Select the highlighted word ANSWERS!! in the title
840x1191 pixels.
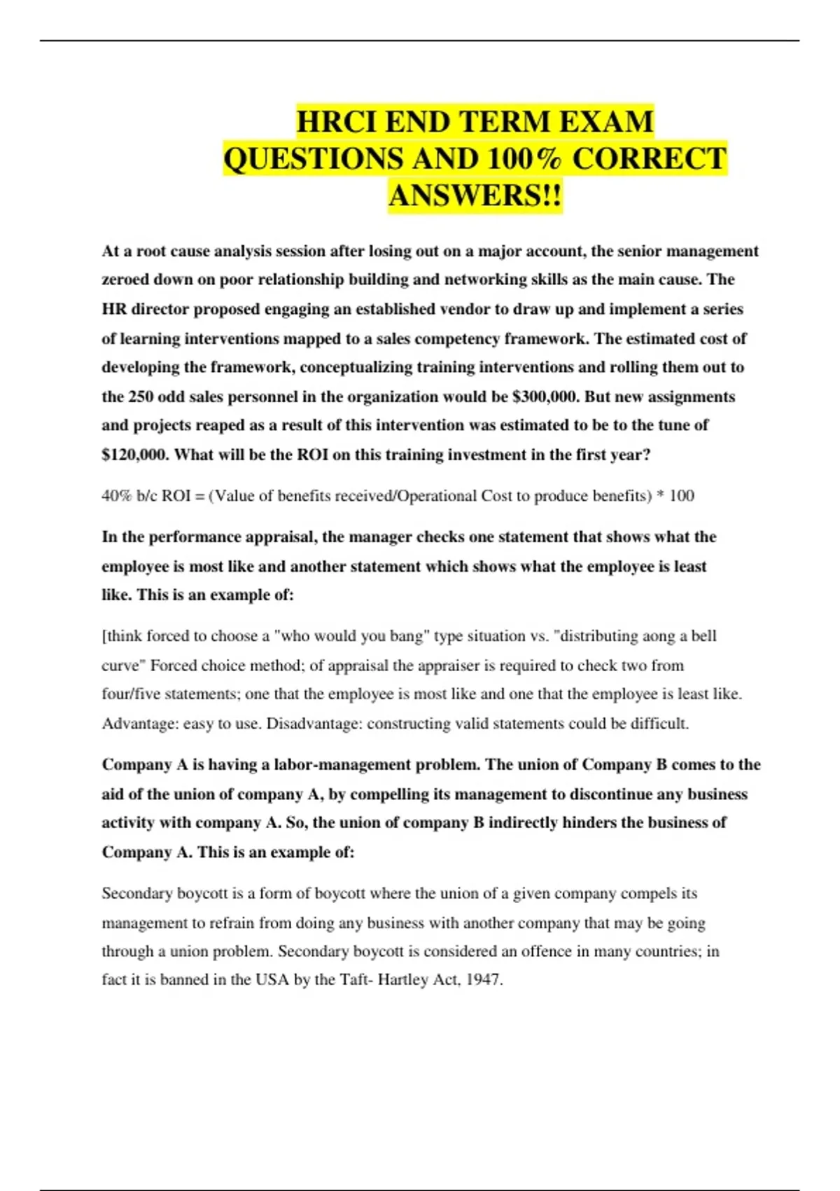[x=475, y=195]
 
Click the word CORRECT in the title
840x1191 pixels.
[x=650, y=159]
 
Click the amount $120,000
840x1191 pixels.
[x=135, y=455]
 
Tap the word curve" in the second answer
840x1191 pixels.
[x=122, y=665]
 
